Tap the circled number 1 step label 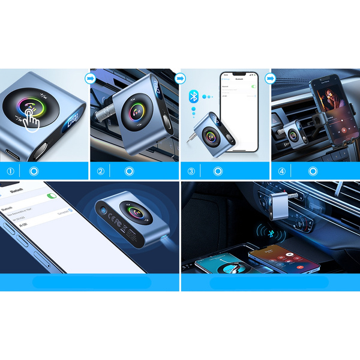[x=10, y=171]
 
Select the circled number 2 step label [x=100, y=171]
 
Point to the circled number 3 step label [x=191, y=171]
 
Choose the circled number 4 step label [x=281, y=171]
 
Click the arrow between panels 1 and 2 [x=89, y=78]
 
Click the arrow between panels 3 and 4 [x=269, y=78]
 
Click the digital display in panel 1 [x=73, y=121]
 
